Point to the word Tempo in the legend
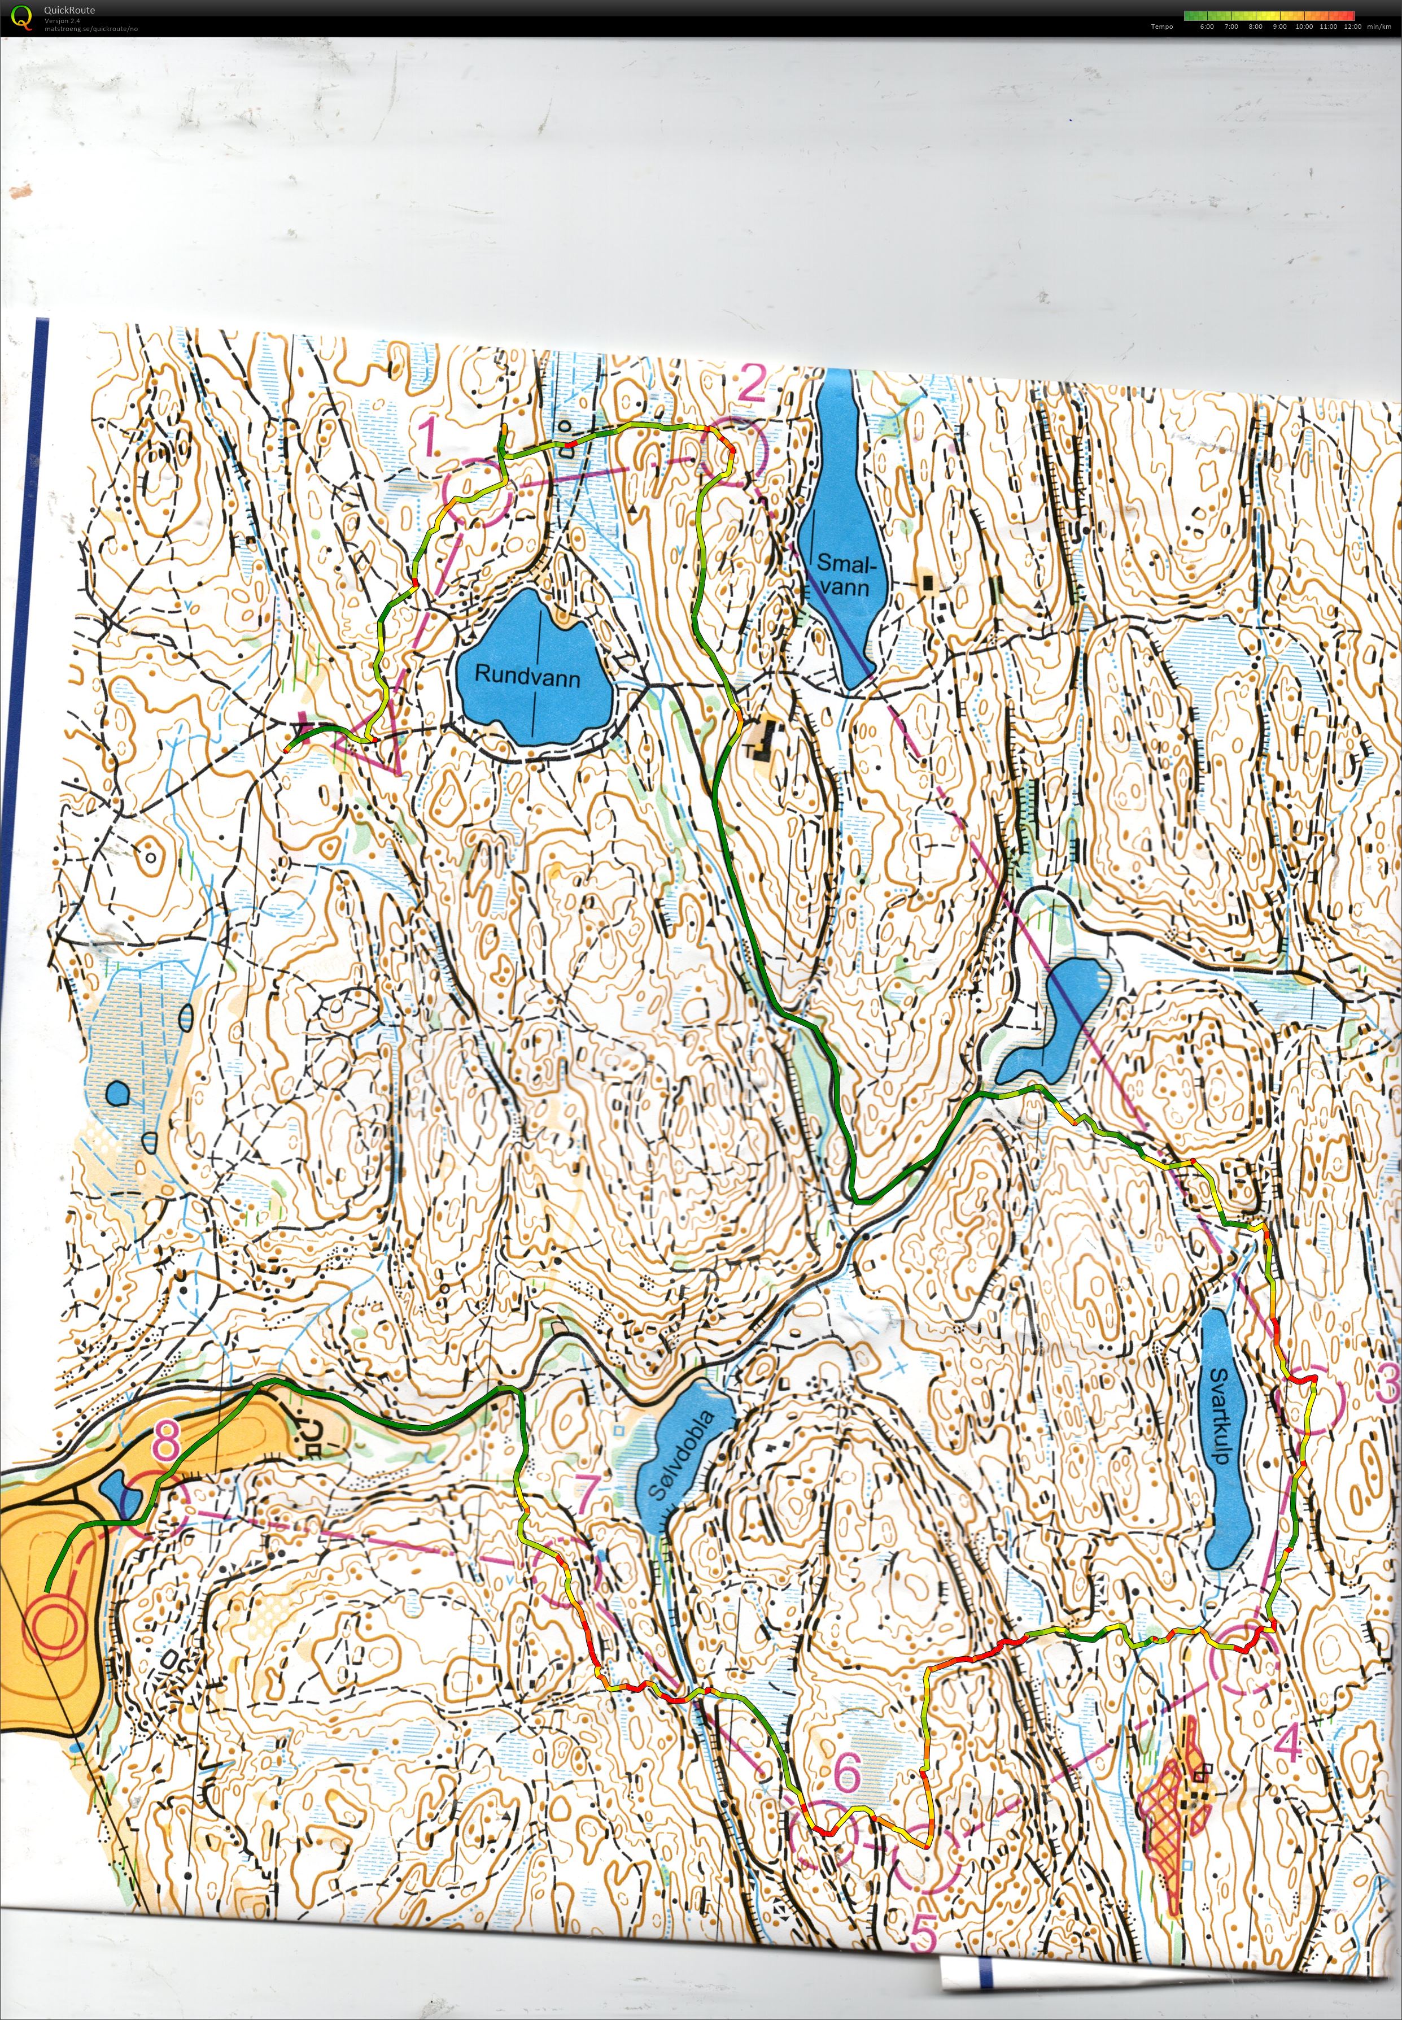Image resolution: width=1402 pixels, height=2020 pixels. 1161,27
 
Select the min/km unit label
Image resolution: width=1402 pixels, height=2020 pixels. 1380,27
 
